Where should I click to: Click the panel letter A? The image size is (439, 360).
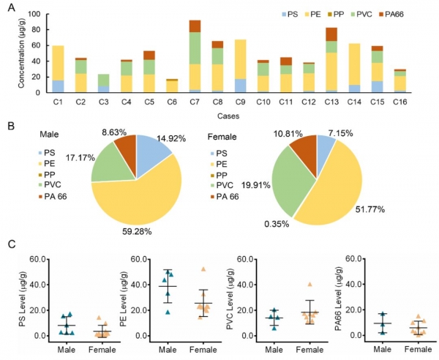(10, 9)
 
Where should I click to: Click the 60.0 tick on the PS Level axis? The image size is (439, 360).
(37, 259)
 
